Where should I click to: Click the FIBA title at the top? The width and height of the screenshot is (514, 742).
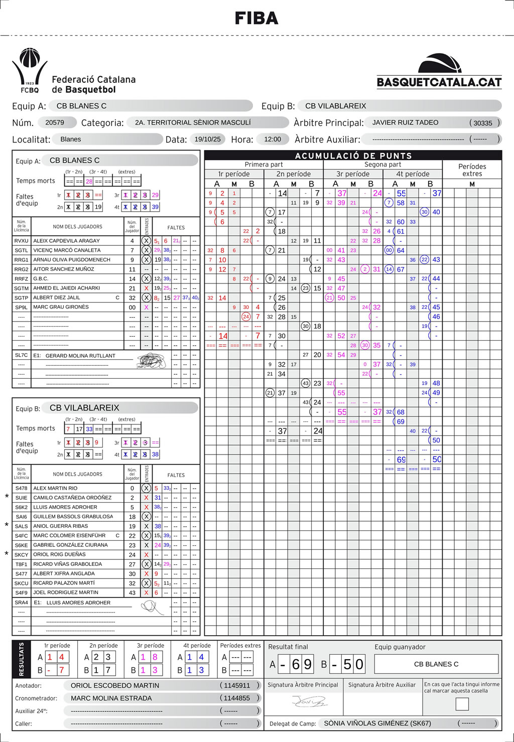tap(256, 19)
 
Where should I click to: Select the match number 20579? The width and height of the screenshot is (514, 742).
tap(55, 122)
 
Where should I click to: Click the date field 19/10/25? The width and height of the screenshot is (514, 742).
tap(208, 139)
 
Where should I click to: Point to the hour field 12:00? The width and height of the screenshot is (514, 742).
tap(273, 139)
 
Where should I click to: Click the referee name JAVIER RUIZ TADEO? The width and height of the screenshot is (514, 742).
tap(405, 122)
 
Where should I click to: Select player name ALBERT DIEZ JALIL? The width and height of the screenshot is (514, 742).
tap(57, 298)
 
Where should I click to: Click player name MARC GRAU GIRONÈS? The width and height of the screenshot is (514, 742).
tap(61, 307)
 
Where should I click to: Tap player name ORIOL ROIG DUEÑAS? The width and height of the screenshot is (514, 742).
tap(59, 554)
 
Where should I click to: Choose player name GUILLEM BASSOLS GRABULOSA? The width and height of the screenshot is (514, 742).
tap(73, 516)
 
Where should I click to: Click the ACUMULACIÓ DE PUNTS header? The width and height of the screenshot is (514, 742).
tap(353, 156)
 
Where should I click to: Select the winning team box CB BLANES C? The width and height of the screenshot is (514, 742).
tap(436, 664)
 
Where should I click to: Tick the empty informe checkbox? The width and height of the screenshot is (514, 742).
tap(462, 704)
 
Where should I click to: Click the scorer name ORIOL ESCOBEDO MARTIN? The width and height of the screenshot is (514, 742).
tap(115, 685)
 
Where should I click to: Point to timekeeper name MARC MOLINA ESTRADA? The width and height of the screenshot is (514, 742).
tap(111, 698)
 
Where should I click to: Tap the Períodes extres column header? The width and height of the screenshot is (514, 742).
tap(472, 170)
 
